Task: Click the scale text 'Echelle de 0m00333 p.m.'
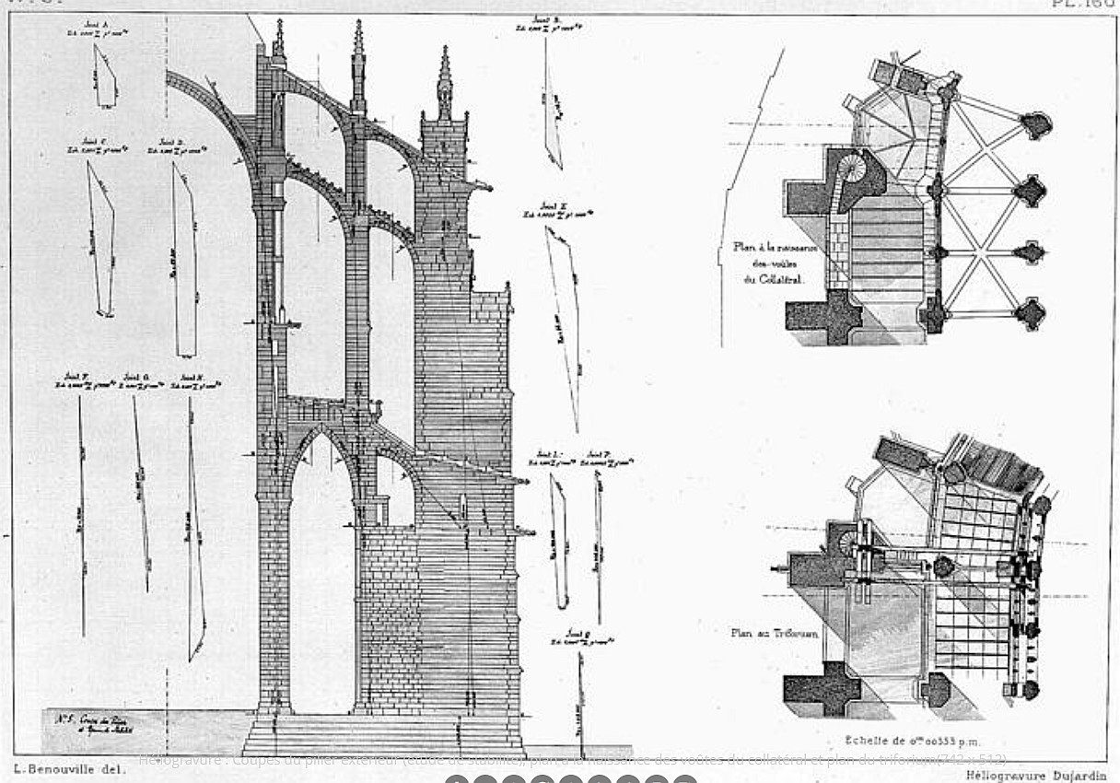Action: click(913, 740)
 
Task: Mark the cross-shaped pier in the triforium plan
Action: click(820, 686)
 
